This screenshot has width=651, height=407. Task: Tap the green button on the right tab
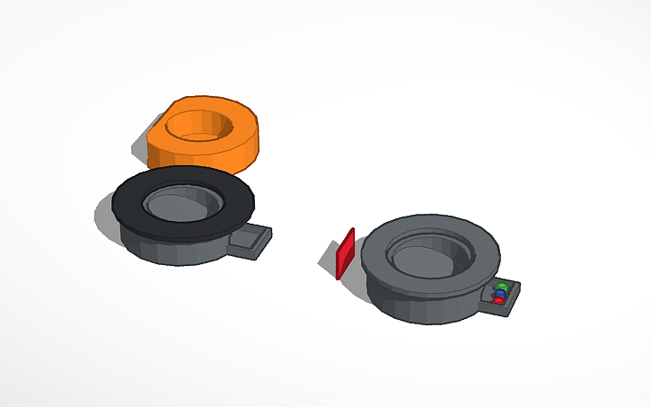tap(503, 287)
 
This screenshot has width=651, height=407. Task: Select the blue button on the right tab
tap(500, 294)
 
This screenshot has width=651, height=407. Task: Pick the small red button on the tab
tap(498, 300)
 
